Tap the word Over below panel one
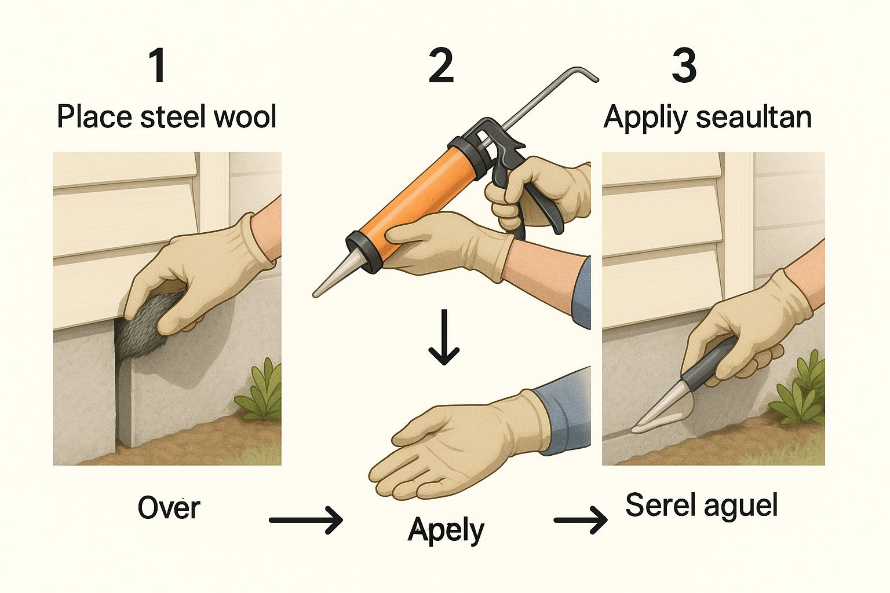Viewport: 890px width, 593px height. click(169, 508)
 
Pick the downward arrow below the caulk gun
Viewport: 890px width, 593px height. click(444, 337)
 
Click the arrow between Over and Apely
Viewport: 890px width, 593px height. click(306, 520)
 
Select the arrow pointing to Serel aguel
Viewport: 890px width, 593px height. click(581, 520)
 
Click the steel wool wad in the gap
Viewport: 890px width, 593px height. click(145, 327)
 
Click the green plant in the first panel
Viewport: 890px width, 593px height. click(260, 389)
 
